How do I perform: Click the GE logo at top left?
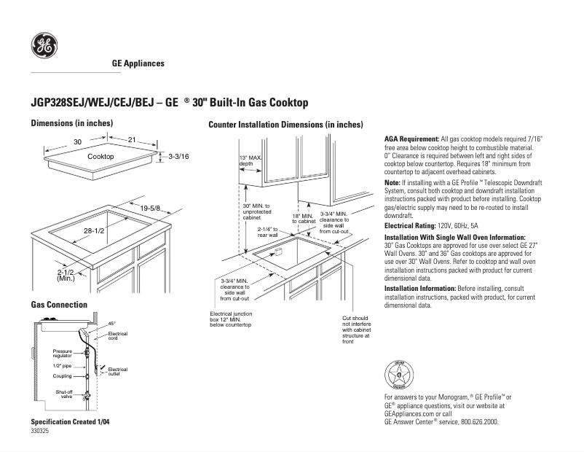(x=44, y=47)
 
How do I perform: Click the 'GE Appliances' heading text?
(x=138, y=63)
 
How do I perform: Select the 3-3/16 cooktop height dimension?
(x=178, y=157)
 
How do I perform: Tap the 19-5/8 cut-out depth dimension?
(x=150, y=209)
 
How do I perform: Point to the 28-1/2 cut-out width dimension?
(x=95, y=230)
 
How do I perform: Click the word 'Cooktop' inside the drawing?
(x=100, y=157)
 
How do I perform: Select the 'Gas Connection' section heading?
(x=59, y=304)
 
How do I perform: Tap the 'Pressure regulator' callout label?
(x=62, y=354)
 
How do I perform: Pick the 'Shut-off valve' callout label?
(x=64, y=394)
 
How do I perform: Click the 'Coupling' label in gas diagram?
(x=62, y=376)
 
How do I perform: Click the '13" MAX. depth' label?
(x=250, y=161)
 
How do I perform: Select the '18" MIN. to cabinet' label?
(x=302, y=218)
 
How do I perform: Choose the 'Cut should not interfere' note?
(x=356, y=330)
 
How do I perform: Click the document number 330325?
(x=40, y=432)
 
